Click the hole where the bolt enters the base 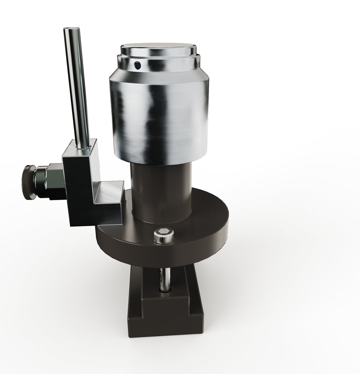tap(164, 289)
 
